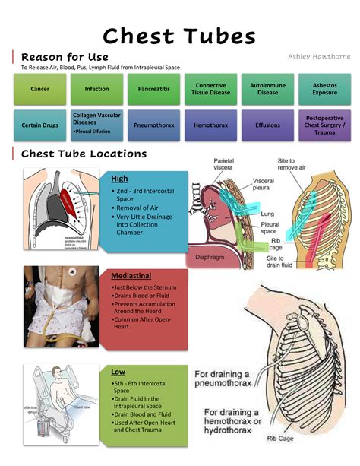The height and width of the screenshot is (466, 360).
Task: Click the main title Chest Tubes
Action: (179, 35)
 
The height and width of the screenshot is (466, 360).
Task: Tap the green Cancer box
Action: (39, 89)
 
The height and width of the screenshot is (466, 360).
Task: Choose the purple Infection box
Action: (96, 89)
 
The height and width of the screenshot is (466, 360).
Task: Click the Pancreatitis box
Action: (153, 89)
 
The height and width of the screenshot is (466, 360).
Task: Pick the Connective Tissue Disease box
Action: (210, 89)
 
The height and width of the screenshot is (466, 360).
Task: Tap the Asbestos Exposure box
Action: (324, 89)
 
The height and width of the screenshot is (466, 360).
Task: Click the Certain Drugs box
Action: (39, 125)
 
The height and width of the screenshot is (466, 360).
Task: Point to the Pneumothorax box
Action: (153, 125)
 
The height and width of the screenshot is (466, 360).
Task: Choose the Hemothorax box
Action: (210, 125)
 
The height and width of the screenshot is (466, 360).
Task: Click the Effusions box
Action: (267, 125)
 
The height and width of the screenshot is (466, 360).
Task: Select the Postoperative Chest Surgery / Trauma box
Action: (324, 125)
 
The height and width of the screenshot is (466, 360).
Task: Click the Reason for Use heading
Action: (65, 57)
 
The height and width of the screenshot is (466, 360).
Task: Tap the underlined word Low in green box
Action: (118, 372)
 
